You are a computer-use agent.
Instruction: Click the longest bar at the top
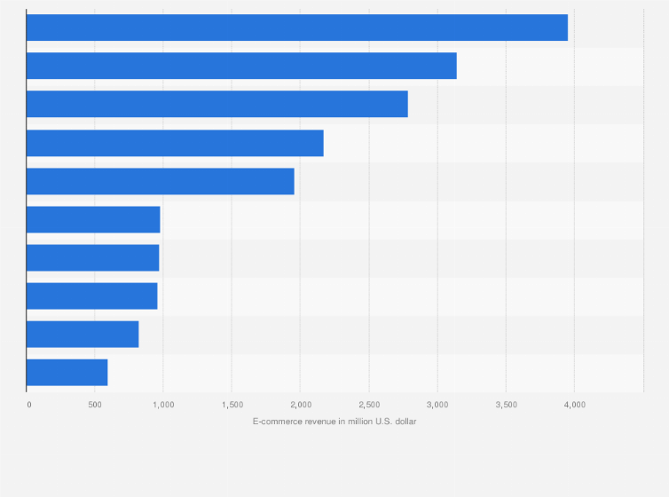pos(296,28)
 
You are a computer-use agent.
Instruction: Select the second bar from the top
pos(241,66)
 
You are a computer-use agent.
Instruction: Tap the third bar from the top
pos(216,104)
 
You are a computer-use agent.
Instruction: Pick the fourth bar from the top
pos(175,143)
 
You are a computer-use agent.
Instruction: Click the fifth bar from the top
pos(160,181)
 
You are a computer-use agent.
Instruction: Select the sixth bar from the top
pos(93,219)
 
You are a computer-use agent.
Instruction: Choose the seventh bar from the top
pos(92,257)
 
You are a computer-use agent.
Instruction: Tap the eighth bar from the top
pos(91,296)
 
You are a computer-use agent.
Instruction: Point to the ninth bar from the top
pos(83,334)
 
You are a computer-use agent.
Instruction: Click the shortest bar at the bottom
pos(67,372)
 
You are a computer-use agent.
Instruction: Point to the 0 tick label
pos(29,405)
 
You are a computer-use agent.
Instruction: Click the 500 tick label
pos(94,405)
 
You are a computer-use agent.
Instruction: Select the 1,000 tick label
pos(162,405)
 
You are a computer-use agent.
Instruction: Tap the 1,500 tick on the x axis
pos(231,405)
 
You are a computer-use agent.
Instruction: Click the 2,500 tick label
pos(368,405)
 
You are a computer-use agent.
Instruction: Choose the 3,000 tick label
pos(437,405)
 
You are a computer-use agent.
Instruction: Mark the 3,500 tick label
pos(505,405)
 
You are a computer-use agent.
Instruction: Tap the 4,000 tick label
pos(573,405)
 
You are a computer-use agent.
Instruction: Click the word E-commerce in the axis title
pos(276,421)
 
